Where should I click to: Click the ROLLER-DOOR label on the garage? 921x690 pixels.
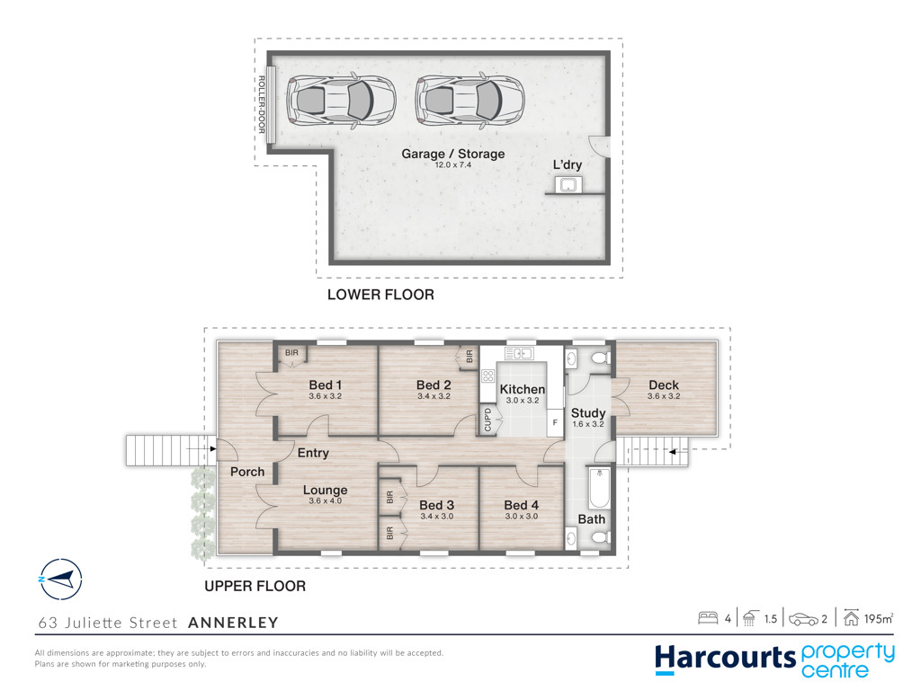click(262, 104)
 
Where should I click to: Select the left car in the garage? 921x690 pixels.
click(341, 101)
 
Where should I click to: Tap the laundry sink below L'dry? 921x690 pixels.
click(568, 185)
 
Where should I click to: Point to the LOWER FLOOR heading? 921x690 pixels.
click(380, 295)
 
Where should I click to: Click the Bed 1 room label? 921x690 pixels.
click(326, 385)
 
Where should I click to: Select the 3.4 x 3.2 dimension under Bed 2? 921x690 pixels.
click(434, 396)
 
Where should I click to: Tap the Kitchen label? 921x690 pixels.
click(523, 389)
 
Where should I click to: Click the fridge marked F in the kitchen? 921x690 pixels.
click(555, 422)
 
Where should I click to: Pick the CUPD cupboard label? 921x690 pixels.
click(487, 420)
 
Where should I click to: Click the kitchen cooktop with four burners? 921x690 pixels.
click(488, 376)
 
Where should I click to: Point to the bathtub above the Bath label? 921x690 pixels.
click(599, 488)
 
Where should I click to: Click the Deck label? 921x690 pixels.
click(664, 385)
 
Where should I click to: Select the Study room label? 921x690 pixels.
click(588, 413)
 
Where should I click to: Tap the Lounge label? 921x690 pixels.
click(326, 490)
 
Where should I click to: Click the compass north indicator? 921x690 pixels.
click(60, 579)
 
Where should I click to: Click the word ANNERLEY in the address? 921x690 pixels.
click(233, 623)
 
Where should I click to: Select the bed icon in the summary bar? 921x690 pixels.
click(708, 618)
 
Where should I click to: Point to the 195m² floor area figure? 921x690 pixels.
click(879, 618)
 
